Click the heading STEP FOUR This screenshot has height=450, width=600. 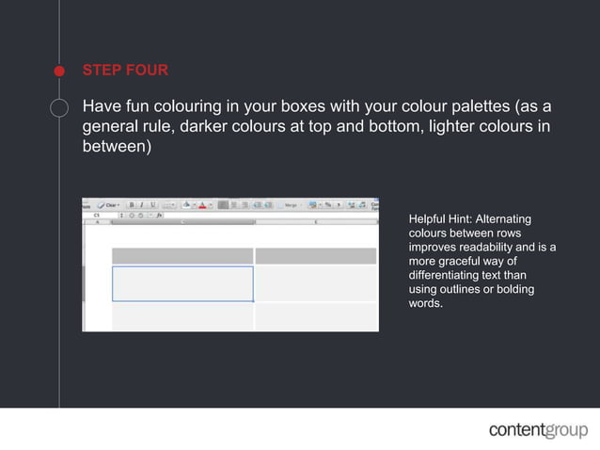125,70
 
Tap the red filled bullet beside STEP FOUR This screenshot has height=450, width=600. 58,71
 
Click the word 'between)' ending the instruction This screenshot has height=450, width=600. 117,149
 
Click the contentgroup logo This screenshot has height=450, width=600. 536,430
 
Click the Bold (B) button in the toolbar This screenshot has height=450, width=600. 132,204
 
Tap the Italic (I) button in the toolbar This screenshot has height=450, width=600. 141,204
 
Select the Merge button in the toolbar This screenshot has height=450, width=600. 292,204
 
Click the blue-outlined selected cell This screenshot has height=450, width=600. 182,283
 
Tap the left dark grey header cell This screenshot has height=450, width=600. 182,256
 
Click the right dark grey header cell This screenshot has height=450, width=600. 316,256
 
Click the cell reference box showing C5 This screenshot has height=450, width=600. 98,215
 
